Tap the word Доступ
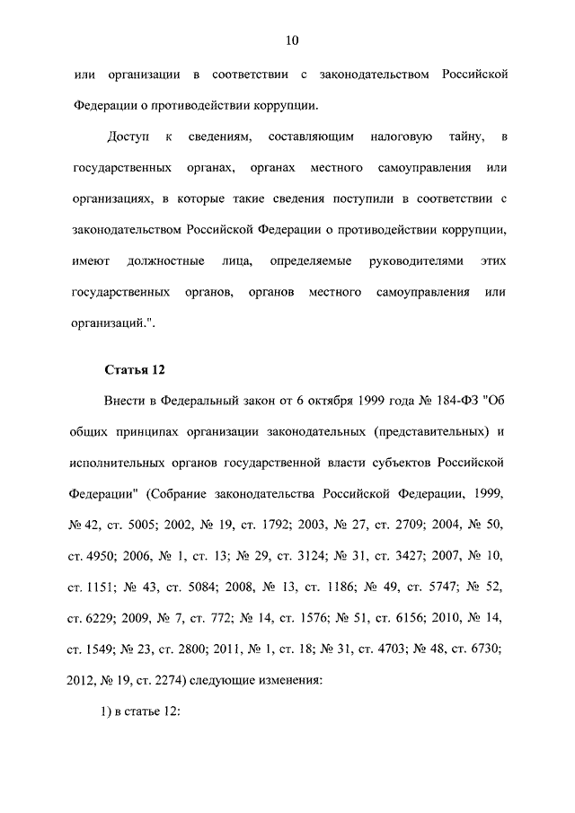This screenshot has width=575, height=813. coord(126,137)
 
